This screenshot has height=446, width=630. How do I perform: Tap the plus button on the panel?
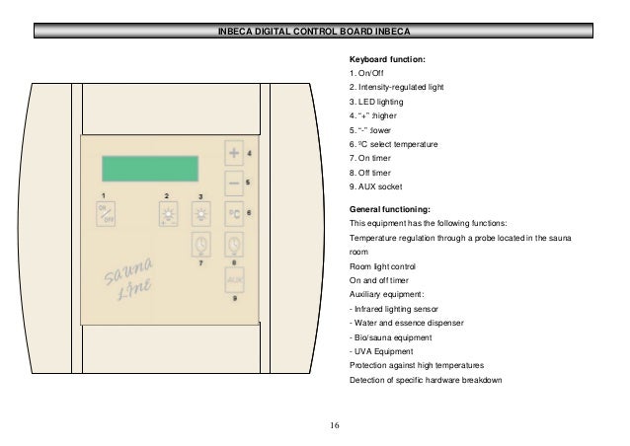click(x=234, y=155)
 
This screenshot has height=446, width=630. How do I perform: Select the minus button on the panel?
click(x=234, y=184)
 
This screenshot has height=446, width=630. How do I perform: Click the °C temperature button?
click(x=234, y=213)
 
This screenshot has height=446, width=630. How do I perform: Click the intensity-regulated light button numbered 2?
click(x=168, y=215)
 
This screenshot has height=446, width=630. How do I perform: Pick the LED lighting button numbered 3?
click(x=201, y=215)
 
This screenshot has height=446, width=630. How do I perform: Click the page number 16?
click(x=334, y=426)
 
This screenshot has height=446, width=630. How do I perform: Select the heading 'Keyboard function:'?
click(x=388, y=59)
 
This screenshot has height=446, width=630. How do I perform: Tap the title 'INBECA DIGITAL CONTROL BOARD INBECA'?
click(x=314, y=32)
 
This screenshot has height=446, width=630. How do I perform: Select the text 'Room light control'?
click(x=383, y=266)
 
